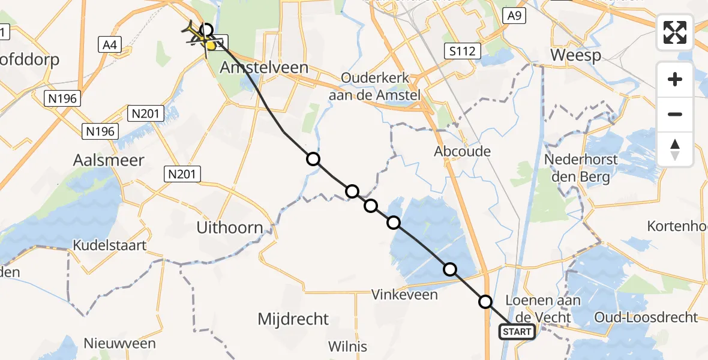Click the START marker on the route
click(517, 331)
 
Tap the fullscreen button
click(675, 32)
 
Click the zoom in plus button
click(675, 79)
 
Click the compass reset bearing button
click(675, 149)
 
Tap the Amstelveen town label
click(264, 68)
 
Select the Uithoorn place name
click(230, 227)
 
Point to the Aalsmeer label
click(109, 160)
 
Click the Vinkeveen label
click(404, 295)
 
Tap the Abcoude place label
click(462, 151)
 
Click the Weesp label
click(575, 55)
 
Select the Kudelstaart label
click(109, 245)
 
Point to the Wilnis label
click(347, 346)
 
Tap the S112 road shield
click(464, 51)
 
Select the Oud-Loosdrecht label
click(646, 317)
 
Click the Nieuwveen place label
click(120, 344)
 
